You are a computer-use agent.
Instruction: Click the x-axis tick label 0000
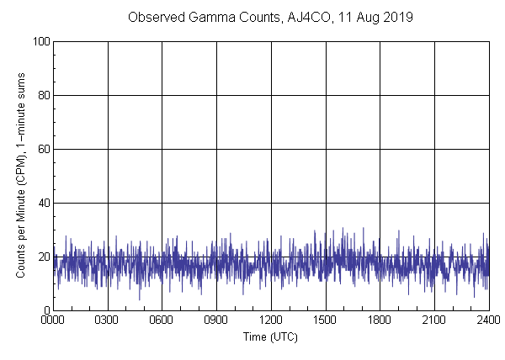(x=53, y=320)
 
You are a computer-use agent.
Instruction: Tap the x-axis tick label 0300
(x=108, y=320)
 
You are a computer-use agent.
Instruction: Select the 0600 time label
(x=162, y=320)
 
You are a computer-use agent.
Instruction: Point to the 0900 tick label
(x=216, y=320)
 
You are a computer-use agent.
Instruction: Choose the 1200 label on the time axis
(x=271, y=320)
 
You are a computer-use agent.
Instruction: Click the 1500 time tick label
(x=326, y=320)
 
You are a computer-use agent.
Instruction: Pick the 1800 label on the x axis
(x=380, y=320)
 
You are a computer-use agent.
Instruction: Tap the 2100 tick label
(x=434, y=320)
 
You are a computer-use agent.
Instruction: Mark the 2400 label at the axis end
(x=488, y=320)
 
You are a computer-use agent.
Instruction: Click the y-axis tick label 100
(x=41, y=41)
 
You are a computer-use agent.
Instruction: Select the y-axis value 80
(x=44, y=95)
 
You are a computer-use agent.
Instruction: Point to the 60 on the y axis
(x=44, y=149)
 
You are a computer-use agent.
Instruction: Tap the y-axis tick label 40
(x=44, y=203)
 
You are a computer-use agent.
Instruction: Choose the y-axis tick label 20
(x=44, y=257)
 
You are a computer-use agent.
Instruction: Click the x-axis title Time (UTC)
(x=270, y=336)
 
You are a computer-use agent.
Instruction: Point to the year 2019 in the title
(x=398, y=17)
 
